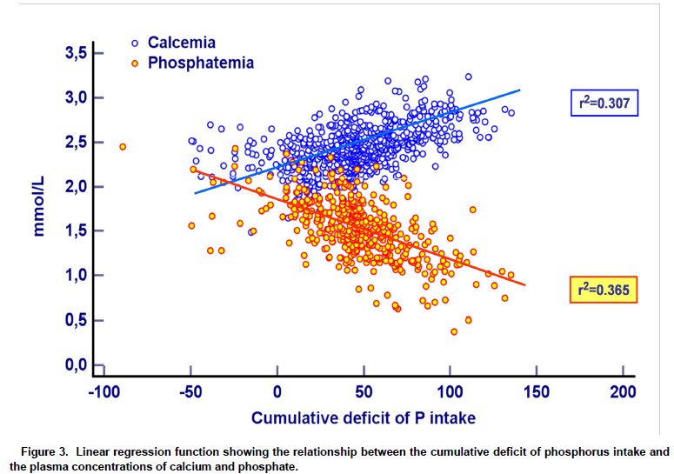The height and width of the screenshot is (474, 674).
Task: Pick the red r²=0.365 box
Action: click(604, 289)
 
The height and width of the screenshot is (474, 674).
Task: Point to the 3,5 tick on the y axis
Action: click(76, 53)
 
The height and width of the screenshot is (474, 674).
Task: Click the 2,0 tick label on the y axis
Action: click(76, 186)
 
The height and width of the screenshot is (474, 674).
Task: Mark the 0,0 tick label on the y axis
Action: click(76, 364)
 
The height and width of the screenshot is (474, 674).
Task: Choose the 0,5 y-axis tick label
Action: click(76, 320)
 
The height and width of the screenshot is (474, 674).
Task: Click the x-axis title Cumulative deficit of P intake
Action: click(364, 418)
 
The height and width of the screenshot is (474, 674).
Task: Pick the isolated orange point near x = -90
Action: click(123, 146)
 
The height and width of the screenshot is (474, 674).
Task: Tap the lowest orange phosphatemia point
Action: click(454, 331)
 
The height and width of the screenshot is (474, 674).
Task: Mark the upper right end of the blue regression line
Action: click(520, 90)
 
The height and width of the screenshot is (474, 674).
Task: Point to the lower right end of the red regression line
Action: click(524, 284)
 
